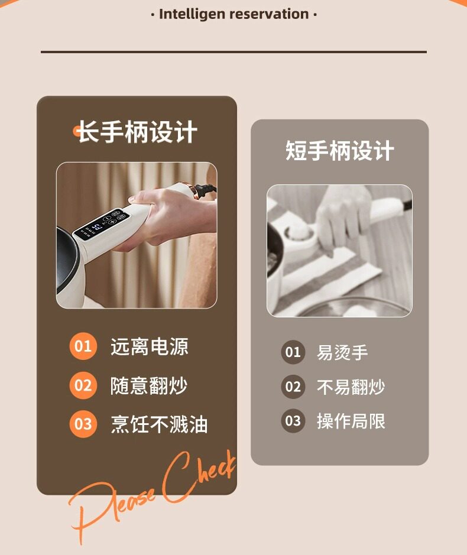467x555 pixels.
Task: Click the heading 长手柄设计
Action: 137,132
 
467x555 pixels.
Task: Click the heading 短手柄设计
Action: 339,151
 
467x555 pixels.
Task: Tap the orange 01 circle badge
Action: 83,346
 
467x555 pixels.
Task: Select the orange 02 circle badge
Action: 83,386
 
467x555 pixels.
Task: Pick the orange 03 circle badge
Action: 83,424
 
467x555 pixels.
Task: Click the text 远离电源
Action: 149,347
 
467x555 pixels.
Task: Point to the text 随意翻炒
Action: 149,386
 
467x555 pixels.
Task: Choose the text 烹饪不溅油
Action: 158,425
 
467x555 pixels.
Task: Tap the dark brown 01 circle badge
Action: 293,353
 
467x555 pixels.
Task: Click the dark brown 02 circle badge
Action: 293,387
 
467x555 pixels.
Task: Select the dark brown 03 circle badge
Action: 293,421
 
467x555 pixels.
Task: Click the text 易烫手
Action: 342,353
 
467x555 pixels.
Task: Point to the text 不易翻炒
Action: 351,387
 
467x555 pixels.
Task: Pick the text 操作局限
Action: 351,421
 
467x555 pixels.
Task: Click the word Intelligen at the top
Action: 193,14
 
